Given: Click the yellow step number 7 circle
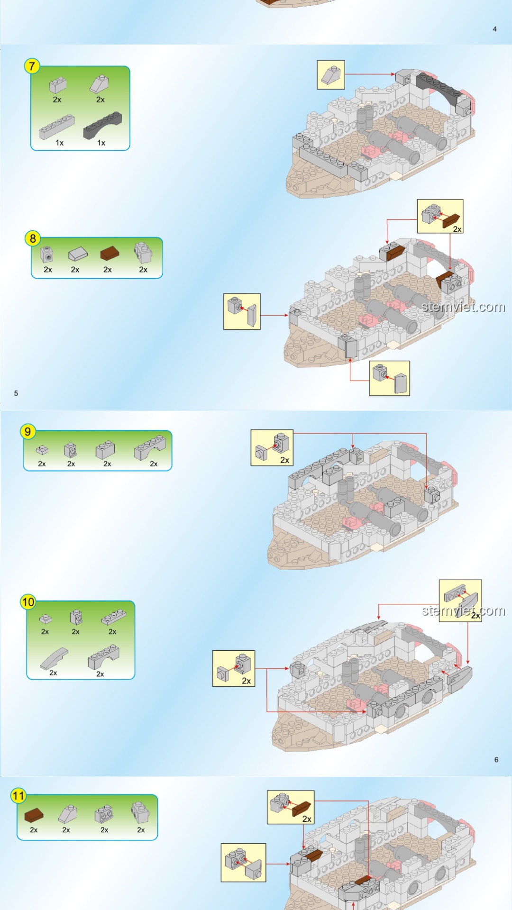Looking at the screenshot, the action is [x=32, y=66].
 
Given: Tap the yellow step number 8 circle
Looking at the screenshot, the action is [x=33, y=238].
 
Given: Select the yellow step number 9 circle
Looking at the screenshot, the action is [x=28, y=431].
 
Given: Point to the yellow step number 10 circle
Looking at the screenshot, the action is [x=28, y=602].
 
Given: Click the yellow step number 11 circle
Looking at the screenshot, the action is [x=18, y=796].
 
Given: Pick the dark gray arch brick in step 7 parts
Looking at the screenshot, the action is [x=102, y=125].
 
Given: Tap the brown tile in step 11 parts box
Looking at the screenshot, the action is [x=34, y=815].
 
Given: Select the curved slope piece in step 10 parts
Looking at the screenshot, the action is [x=54, y=658].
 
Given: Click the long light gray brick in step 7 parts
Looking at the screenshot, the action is [x=56, y=127].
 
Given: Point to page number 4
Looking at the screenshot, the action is [x=494, y=29].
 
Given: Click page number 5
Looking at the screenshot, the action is [x=16, y=393].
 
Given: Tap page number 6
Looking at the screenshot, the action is [x=496, y=759].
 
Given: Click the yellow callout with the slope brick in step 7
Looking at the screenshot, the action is [x=331, y=75].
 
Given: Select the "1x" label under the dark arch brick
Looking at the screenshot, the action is [x=101, y=143].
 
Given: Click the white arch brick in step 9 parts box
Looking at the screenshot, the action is [x=150, y=448].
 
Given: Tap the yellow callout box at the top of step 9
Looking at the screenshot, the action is [x=272, y=447].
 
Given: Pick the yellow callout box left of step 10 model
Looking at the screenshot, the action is [x=234, y=668].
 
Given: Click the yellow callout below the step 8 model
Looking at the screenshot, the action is [x=390, y=378].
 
